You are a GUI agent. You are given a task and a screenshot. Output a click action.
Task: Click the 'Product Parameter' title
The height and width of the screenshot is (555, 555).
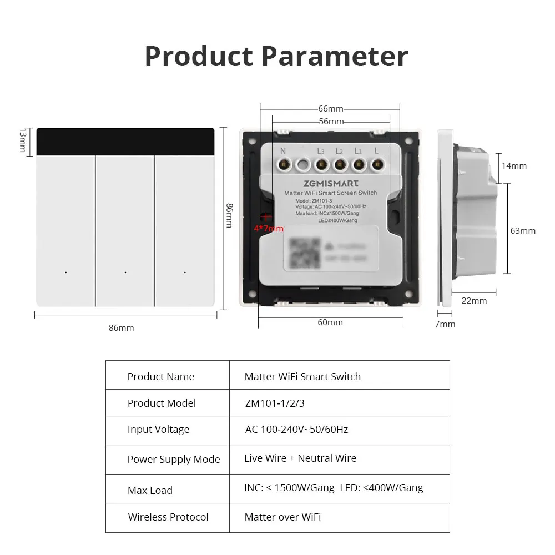click(276, 56)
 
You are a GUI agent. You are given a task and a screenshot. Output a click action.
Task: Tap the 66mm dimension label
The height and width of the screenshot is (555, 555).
click(331, 108)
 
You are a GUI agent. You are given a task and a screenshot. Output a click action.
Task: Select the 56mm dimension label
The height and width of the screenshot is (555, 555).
click(331, 121)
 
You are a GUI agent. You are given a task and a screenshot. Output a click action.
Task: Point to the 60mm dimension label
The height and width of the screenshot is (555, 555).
click(330, 322)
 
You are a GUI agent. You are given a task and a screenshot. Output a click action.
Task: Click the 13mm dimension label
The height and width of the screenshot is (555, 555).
click(23, 141)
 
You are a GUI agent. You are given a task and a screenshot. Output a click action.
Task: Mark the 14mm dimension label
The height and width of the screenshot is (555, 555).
click(514, 165)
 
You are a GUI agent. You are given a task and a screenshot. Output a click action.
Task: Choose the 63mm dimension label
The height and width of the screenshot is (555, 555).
click(523, 230)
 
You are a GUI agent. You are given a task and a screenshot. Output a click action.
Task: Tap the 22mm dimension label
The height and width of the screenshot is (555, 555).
click(475, 300)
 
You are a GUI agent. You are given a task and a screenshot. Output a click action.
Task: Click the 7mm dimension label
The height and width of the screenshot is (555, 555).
click(445, 324)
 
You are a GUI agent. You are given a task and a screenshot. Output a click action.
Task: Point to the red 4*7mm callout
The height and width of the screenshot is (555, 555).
click(269, 228)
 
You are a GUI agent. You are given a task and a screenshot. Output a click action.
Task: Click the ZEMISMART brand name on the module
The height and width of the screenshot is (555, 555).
click(331, 183)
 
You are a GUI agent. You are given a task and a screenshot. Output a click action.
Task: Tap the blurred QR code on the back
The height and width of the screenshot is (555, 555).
click(305, 253)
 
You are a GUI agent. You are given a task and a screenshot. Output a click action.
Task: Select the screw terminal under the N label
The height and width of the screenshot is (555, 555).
click(284, 164)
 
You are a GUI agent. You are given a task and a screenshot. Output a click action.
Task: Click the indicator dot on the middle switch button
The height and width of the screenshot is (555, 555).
click(125, 273)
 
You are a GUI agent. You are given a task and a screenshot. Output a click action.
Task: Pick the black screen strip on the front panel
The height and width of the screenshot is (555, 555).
click(125, 142)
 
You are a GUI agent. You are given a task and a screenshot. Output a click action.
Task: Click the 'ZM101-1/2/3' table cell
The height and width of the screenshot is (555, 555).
click(274, 403)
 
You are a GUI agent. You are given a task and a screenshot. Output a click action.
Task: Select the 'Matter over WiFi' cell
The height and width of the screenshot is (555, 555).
click(282, 517)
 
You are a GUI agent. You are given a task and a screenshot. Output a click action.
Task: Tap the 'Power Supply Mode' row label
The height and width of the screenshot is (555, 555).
click(174, 459)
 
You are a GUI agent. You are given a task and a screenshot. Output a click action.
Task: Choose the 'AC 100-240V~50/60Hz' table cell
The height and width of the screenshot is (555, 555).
click(296, 430)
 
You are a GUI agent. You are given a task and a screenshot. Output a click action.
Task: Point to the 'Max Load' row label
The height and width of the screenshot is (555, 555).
click(150, 490)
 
